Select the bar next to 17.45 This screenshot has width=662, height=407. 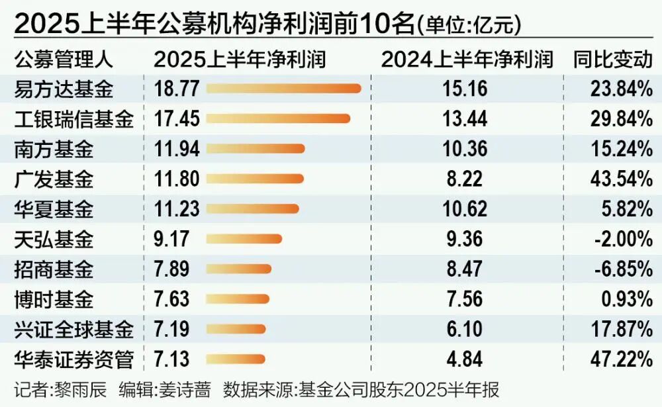tap(279, 118)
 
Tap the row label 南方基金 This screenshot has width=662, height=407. tap(54, 149)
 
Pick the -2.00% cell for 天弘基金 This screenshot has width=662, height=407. tap(621, 239)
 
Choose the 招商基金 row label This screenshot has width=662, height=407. tap(54, 269)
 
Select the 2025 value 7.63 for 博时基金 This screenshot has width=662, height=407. tap(171, 299)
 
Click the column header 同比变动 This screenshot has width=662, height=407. tap(613, 59)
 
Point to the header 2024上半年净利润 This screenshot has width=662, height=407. tap(467, 59)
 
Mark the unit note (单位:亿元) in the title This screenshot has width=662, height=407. tap(468, 25)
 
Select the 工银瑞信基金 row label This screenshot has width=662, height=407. tap(73, 119)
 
